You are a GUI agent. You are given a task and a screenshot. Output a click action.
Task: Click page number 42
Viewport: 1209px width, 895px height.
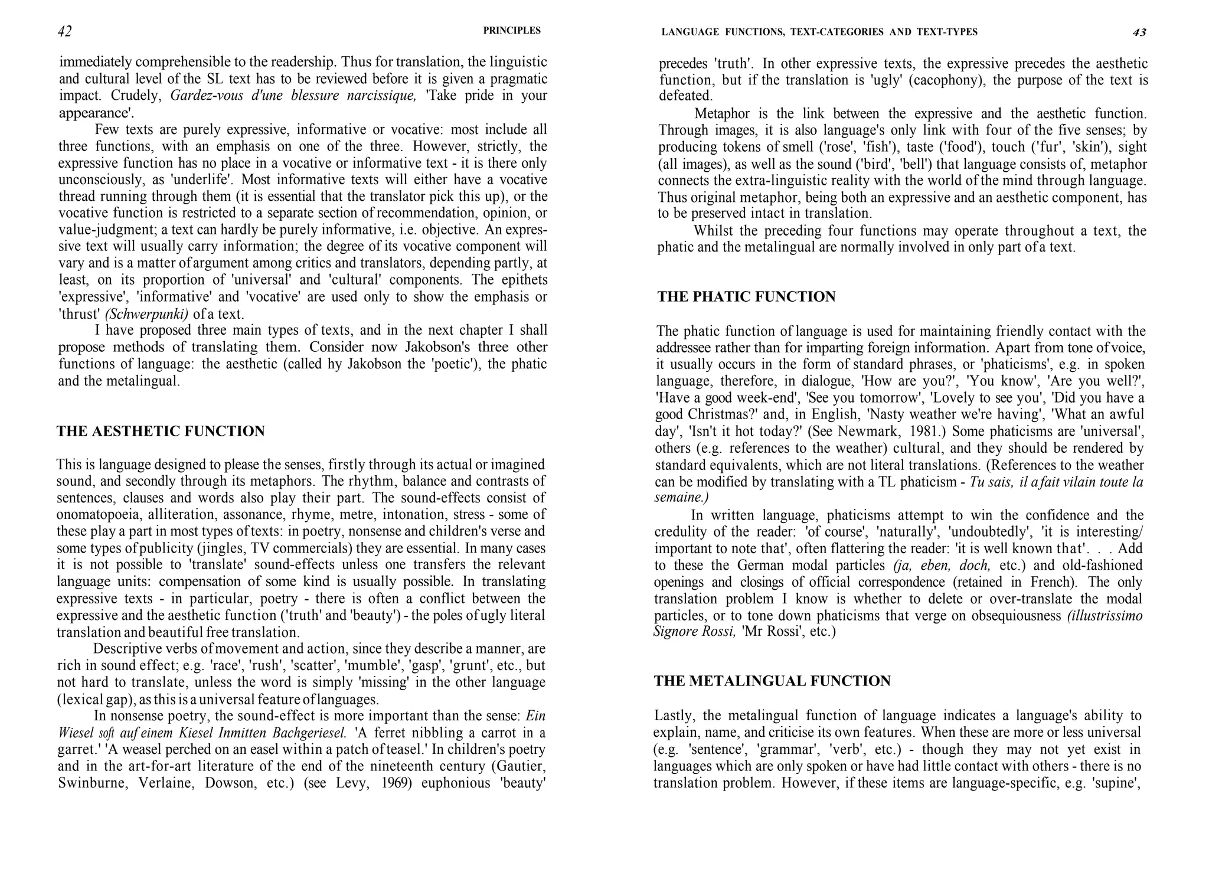(x=65, y=31)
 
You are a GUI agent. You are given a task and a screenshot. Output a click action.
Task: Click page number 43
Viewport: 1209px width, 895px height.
(x=1139, y=32)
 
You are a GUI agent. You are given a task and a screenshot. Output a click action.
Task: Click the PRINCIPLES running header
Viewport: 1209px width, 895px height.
(x=511, y=31)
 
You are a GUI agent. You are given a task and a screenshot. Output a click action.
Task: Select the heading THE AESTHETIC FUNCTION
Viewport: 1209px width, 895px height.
(x=161, y=432)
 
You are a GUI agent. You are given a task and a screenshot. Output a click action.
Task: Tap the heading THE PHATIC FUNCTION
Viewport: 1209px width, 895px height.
(x=746, y=297)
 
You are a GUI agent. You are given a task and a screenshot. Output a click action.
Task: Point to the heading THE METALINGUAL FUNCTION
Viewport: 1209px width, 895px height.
(x=772, y=681)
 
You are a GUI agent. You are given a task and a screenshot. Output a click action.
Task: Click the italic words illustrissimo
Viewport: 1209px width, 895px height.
(x=1105, y=616)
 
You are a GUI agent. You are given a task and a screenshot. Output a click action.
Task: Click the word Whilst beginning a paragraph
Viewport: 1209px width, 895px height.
(x=715, y=231)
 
